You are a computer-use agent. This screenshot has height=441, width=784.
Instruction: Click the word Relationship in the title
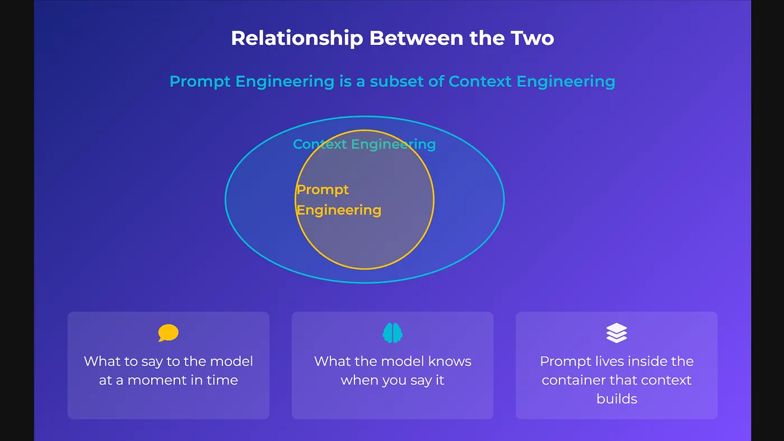(x=297, y=39)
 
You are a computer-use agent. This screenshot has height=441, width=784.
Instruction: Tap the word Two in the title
(x=533, y=38)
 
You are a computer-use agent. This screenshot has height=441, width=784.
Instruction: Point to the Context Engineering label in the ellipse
(x=365, y=145)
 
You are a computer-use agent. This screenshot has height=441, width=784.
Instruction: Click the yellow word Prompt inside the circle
(x=323, y=190)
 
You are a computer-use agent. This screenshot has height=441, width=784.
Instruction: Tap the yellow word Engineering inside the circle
(x=338, y=211)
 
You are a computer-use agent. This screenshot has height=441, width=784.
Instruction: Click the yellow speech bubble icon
(x=169, y=333)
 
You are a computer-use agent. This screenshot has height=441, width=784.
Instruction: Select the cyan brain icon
(x=393, y=333)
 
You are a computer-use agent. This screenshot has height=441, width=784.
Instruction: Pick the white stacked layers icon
(x=617, y=333)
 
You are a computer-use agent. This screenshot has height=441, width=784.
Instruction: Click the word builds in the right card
(x=617, y=399)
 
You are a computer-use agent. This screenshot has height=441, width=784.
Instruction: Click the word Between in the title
(x=417, y=38)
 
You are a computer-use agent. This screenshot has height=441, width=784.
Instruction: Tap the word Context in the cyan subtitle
(x=480, y=81)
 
